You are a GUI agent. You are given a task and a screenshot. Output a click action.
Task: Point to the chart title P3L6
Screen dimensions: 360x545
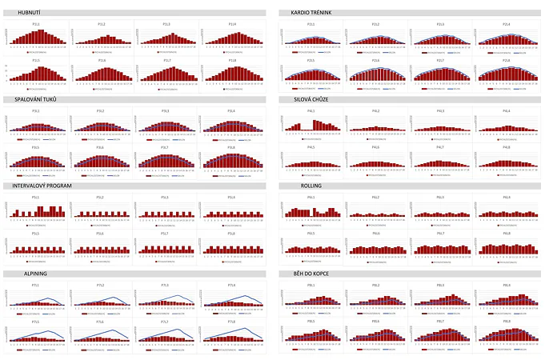101,146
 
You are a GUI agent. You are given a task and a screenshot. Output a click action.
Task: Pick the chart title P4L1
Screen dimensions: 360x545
311,110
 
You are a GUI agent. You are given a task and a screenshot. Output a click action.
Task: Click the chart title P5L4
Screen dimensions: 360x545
231,197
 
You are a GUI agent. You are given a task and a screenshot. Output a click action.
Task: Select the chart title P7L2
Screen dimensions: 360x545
101,285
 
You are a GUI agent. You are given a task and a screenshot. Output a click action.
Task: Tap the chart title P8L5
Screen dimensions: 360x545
311,321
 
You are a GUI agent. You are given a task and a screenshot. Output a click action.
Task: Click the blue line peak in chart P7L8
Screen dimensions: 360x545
243,329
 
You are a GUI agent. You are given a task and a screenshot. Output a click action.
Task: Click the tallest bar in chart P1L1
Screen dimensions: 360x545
36,32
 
